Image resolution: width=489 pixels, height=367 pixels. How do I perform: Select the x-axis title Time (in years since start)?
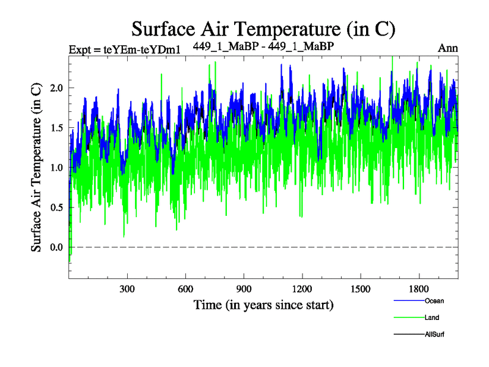[x=263, y=304]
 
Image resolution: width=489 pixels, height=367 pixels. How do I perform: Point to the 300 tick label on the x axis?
[x=127, y=288]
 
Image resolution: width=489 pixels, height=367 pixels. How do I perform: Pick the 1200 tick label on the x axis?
[x=302, y=288]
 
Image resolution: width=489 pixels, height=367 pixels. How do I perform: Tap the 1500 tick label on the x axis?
[x=361, y=288]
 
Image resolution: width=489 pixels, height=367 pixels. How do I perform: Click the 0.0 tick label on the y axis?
[x=56, y=247]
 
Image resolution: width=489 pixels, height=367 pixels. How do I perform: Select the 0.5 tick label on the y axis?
[x=56, y=207]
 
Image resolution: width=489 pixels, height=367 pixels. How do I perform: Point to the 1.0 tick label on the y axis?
[x=56, y=168]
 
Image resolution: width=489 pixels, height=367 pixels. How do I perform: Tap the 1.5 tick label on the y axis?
[x=56, y=128]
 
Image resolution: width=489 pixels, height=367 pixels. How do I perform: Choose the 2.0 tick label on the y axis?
[x=56, y=88]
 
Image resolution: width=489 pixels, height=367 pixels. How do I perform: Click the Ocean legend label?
[x=434, y=301]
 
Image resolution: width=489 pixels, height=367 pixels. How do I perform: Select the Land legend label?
[x=432, y=317]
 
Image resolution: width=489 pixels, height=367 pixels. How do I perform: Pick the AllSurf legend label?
[x=435, y=335]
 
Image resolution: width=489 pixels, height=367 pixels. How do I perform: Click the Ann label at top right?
[x=447, y=48]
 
